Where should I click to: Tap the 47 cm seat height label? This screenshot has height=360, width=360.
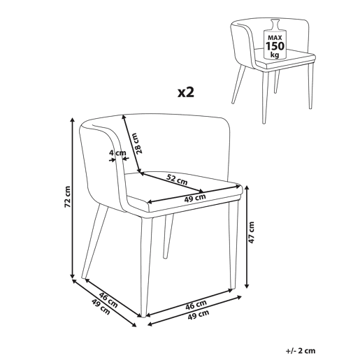[x=251, y=232]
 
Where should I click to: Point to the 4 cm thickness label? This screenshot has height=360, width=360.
[x=117, y=153]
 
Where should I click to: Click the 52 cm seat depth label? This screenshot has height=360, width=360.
[x=177, y=179]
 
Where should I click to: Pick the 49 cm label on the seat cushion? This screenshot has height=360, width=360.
[x=195, y=198]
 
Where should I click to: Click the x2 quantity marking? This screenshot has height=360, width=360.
[x=186, y=92]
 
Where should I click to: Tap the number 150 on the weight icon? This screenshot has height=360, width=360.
[x=275, y=46]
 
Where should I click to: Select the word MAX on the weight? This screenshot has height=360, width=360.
[x=275, y=38]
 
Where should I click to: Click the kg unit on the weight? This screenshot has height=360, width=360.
[x=275, y=55]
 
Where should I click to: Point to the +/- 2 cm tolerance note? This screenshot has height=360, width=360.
[x=301, y=351]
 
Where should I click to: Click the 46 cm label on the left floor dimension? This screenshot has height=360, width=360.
[x=108, y=300]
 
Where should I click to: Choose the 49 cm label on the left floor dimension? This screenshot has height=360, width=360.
[x=101, y=306]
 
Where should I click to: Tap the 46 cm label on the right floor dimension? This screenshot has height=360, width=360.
[x=196, y=305]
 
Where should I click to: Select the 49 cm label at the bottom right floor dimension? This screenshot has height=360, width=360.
[x=198, y=315]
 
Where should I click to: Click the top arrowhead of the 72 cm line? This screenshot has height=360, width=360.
[x=73, y=120]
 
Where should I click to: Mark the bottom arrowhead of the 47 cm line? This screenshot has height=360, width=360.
[x=247, y=285]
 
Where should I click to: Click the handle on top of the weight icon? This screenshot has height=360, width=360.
[x=275, y=24]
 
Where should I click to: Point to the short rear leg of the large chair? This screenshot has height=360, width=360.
[x=168, y=236]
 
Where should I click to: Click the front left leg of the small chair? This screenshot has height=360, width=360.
[x=238, y=84]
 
